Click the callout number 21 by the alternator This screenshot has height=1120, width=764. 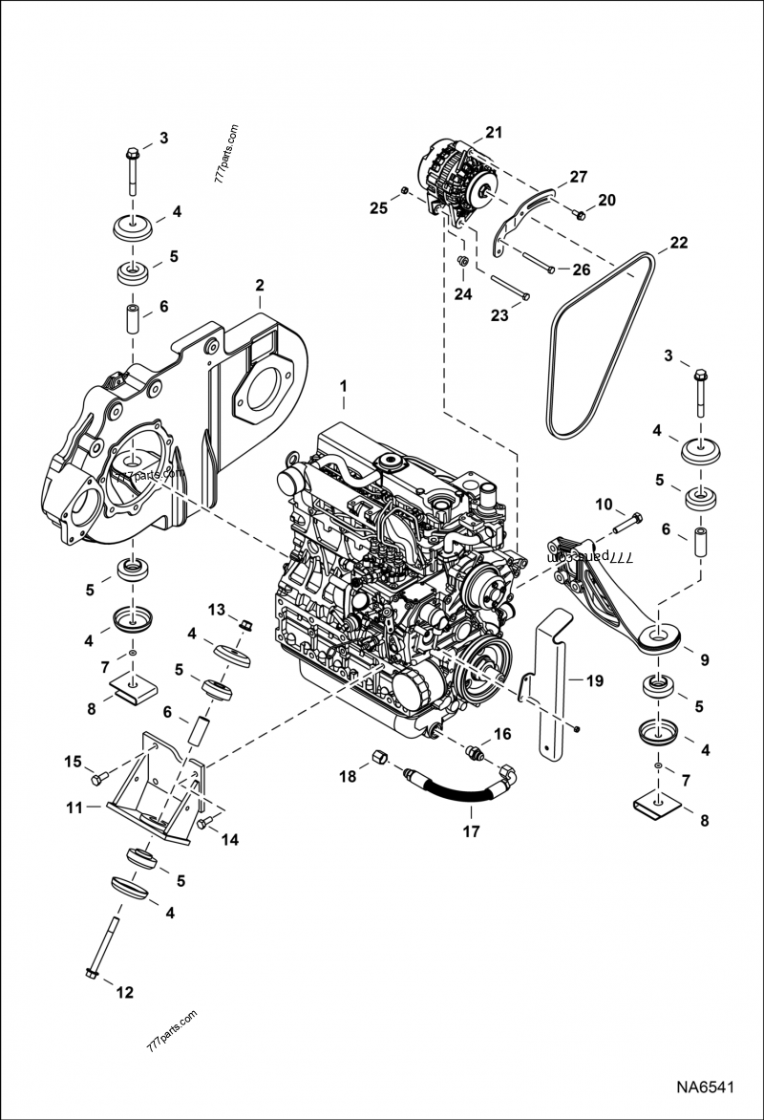pyautogui.click(x=493, y=131)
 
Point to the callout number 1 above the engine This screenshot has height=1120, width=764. pyautogui.click(x=344, y=385)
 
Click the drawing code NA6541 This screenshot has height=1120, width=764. pyautogui.click(x=705, y=1088)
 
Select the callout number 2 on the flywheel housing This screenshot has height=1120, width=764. pyautogui.click(x=258, y=286)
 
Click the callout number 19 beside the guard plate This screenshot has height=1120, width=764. pyautogui.click(x=594, y=681)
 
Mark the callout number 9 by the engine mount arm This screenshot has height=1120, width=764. pyautogui.click(x=704, y=659)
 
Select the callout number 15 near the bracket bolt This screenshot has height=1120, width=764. pyautogui.click(x=74, y=761)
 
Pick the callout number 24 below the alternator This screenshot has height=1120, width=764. pyautogui.click(x=462, y=293)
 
